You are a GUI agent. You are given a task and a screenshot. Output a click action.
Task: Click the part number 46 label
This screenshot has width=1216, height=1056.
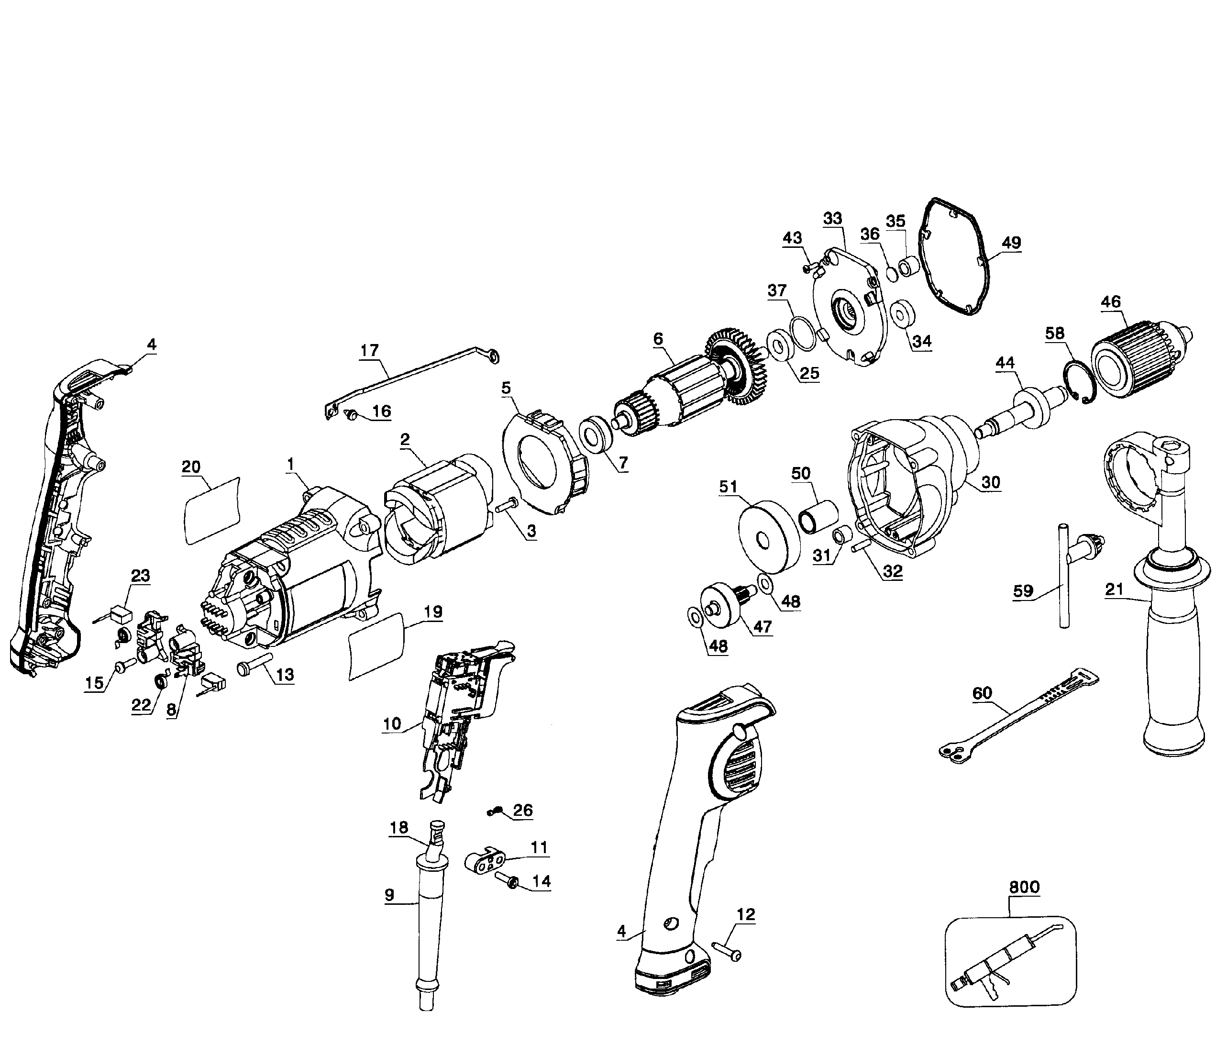coord(1111,302)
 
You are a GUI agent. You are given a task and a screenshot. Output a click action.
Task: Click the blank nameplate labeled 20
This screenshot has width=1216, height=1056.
coord(212,511)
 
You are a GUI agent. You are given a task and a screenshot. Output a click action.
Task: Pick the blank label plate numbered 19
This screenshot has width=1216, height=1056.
coord(377,646)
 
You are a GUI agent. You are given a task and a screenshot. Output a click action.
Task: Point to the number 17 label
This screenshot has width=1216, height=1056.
coord(369,351)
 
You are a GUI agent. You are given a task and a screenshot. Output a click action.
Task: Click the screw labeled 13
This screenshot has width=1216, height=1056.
coord(254,666)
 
